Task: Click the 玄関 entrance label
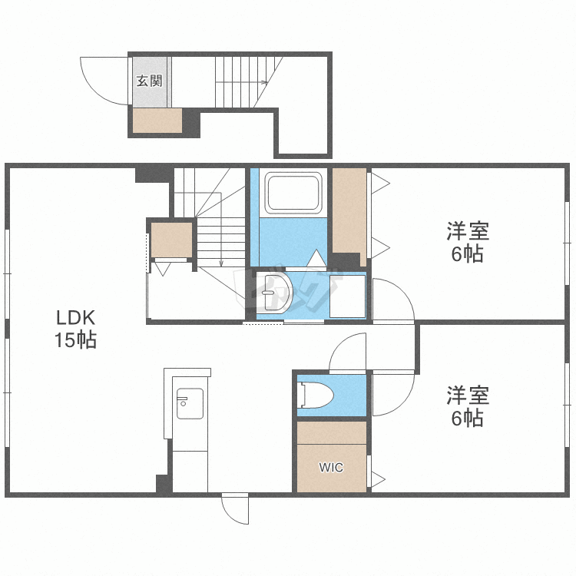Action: (150, 81)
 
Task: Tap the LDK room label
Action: (76, 318)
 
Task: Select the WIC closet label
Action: (331, 467)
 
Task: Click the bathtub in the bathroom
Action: (293, 193)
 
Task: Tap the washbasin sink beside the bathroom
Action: (273, 293)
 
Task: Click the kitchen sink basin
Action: (190, 403)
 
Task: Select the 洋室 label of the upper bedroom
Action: (468, 231)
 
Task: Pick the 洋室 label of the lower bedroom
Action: (468, 396)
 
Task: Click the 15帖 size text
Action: (76, 339)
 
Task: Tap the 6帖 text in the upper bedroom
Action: (467, 254)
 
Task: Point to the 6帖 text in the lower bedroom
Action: (467, 418)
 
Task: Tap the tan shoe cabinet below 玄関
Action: (157, 121)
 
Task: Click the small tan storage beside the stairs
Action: (172, 240)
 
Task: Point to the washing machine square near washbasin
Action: (347, 296)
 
